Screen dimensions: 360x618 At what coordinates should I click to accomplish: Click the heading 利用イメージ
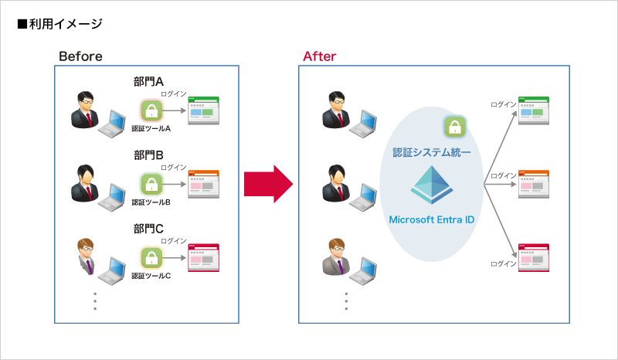tap(60, 24)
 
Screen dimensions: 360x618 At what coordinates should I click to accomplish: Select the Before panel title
tap(80, 56)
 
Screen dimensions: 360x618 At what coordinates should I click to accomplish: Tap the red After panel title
tap(319, 56)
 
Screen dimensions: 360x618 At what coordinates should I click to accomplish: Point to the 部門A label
tap(148, 81)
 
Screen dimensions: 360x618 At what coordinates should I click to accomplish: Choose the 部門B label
tap(148, 155)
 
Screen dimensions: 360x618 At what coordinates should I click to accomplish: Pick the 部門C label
tap(148, 229)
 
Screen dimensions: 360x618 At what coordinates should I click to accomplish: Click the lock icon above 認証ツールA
tap(151, 110)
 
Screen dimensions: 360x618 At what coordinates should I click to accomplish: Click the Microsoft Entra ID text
tap(432, 219)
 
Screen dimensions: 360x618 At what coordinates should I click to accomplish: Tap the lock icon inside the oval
tap(453, 126)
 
